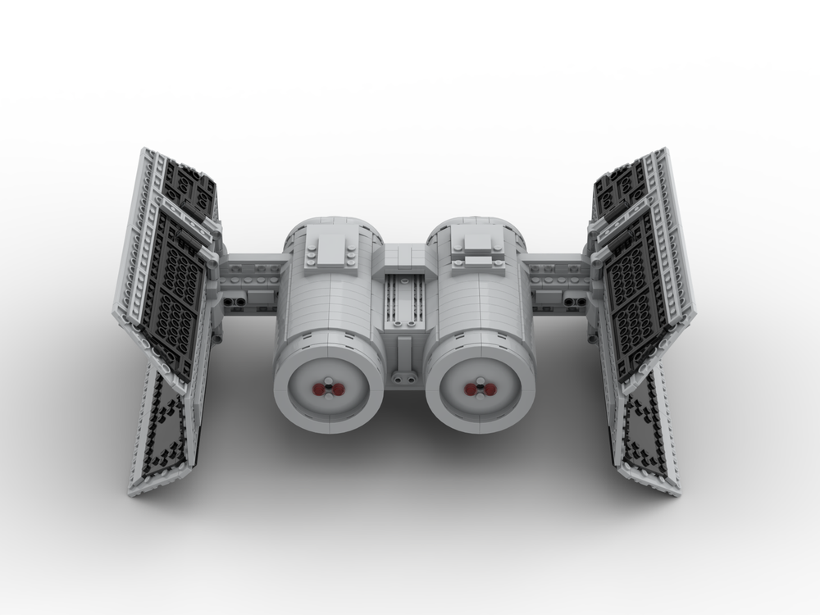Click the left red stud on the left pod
(319, 387)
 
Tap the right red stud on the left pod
(336, 387)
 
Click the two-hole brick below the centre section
(403, 378)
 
